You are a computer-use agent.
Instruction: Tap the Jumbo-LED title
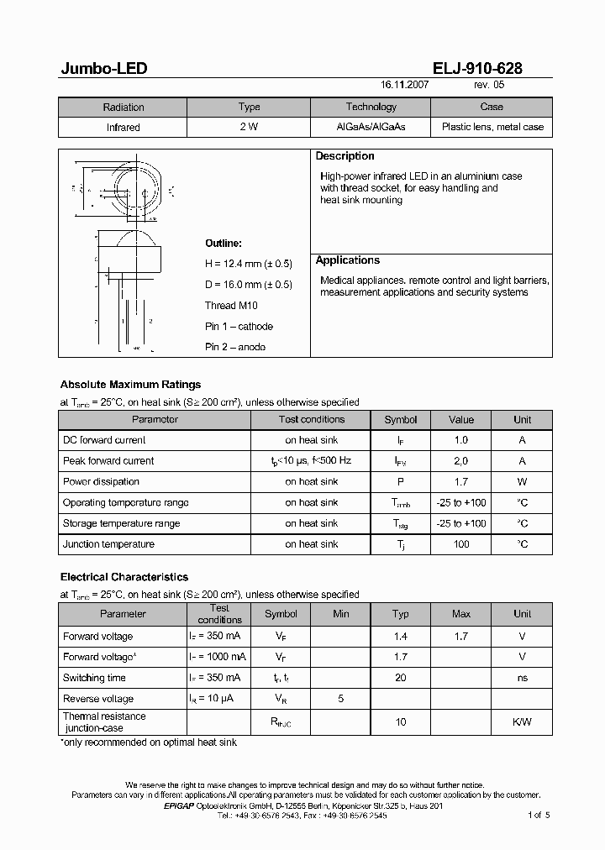click(104, 69)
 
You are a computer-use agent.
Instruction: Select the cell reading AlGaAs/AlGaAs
click(371, 128)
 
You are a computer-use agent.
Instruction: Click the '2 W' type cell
click(249, 128)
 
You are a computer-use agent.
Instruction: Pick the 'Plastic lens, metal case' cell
click(492, 128)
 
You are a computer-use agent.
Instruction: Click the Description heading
click(345, 156)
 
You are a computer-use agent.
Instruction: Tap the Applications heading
click(347, 260)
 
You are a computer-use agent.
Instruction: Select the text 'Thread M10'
click(232, 306)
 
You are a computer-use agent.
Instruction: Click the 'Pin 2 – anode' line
click(235, 347)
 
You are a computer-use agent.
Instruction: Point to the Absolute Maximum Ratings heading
click(130, 385)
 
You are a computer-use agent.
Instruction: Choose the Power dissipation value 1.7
click(460, 482)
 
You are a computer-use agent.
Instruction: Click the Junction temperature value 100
click(460, 544)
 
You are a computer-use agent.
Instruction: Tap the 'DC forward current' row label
click(104, 440)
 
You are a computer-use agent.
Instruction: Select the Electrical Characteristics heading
click(124, 577)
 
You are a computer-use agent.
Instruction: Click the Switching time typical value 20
click(401, 678)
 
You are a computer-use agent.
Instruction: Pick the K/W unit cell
click(522, 722)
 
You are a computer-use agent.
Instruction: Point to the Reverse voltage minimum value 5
click(340, 699)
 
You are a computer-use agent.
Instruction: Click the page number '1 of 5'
click(538, 815)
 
